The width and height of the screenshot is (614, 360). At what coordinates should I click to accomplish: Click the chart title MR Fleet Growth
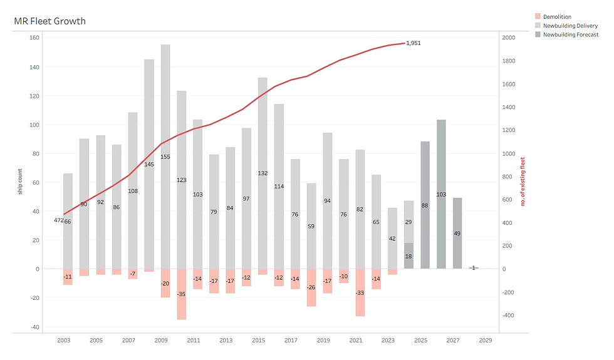click(49, 21)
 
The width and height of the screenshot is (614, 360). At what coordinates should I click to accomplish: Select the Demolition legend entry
click(556, 17)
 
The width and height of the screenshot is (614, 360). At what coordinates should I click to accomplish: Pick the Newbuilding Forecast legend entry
click(570, 34)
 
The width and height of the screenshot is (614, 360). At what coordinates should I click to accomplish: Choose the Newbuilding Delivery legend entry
click(569, 26)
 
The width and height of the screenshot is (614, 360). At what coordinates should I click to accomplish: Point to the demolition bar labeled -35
click(182, 294)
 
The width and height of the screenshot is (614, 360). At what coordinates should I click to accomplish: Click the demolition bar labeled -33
click(360, 292)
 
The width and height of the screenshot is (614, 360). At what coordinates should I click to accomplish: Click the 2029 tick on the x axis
click(486, 341)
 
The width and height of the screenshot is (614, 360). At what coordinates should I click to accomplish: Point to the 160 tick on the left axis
click(34, 38)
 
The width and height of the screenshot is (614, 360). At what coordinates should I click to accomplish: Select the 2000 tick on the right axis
click(508, 38)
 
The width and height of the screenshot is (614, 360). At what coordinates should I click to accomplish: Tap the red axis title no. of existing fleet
click(523, 182)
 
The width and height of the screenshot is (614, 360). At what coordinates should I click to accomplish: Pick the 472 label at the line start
click(58, 220)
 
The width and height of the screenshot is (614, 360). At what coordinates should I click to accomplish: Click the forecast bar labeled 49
click(457, 233)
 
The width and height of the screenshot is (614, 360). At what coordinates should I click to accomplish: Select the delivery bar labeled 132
click(263, 173)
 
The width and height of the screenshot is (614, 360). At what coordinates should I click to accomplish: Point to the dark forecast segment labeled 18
click(408, 256)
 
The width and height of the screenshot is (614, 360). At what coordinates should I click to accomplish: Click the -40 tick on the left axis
click(34, 327)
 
